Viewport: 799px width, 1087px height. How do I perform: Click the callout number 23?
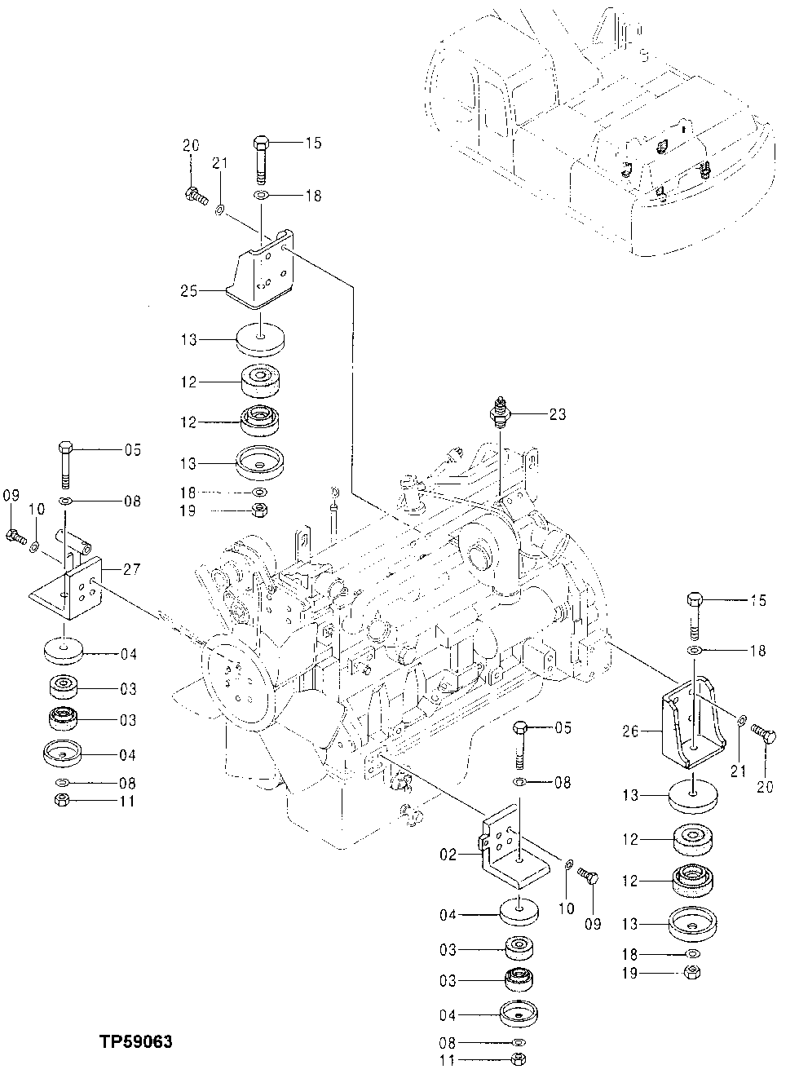click(557, 414)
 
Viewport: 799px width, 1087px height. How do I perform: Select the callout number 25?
click(189, 289)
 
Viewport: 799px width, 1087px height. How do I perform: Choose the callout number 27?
click(133, 568)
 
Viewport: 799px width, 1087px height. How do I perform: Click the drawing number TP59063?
click(136, 1042)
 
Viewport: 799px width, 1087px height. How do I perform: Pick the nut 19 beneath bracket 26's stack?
click(691, 972)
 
